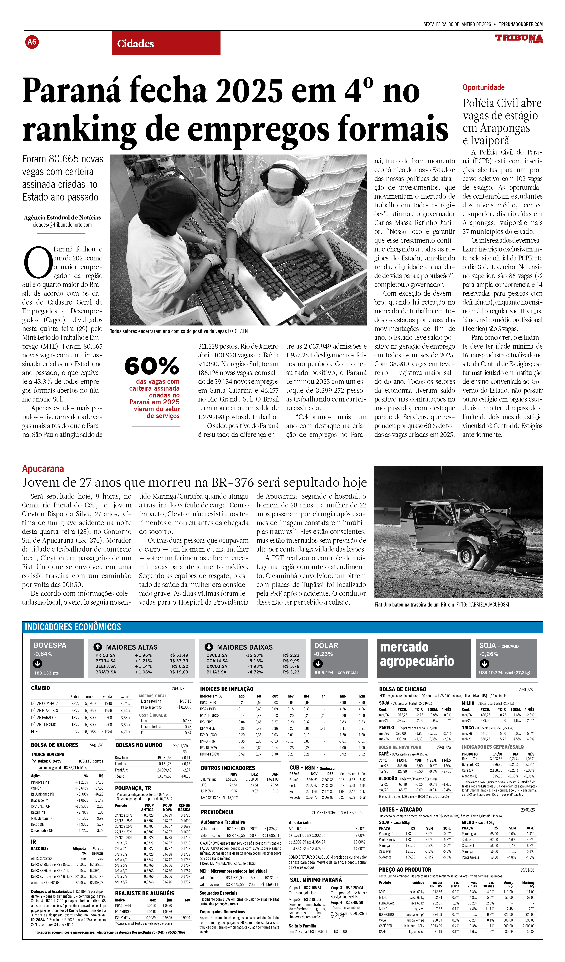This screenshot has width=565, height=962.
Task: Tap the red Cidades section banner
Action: click(166, 43)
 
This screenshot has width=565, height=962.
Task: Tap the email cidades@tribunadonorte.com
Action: click(62, 225)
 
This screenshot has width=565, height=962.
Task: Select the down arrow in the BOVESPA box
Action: click(37, 663)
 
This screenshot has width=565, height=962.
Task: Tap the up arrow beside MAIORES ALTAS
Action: click(98, 647)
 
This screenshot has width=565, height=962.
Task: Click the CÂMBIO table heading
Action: click(41, 688)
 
